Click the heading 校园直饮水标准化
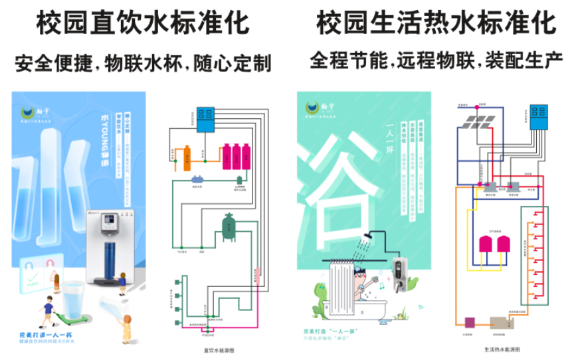143,25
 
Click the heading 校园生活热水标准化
436,25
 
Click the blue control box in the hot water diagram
539,118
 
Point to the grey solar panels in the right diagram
473,122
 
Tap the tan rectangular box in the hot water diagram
499,323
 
